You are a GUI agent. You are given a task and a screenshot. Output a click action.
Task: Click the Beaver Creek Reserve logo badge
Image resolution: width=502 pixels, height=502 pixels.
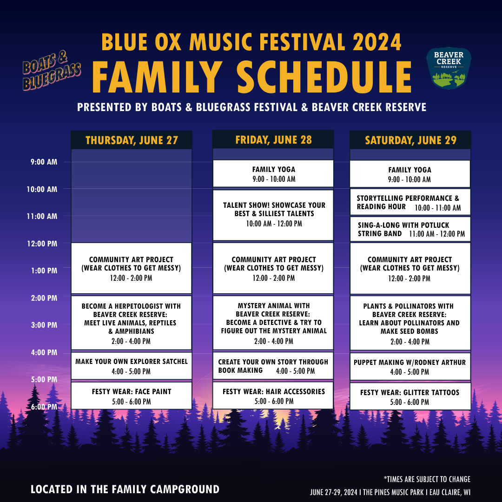click(x=449, y=68)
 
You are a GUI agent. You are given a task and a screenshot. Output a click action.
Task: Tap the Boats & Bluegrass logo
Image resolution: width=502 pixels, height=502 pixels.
click(x=52, y=71)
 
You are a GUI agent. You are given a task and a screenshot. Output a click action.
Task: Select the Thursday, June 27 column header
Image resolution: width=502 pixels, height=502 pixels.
click(x=132, y=140)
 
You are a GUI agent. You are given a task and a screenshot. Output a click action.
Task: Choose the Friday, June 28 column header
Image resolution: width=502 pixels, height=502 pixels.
click(x=273, y=139)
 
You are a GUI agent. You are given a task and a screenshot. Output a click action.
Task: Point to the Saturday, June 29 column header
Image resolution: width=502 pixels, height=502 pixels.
click(x=410, y=140)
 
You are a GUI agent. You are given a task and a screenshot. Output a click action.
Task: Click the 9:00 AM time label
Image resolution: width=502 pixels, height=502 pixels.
click(x=44, y=162)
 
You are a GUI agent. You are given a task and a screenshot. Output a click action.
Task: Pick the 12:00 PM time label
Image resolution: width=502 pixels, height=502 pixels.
click(x=42, y=244)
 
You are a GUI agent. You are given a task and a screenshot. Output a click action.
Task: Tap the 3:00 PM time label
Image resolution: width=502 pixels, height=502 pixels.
click(x=44, y=325)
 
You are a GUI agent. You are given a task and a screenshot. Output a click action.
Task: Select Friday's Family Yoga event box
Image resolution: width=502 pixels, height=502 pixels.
click(x=273, y=173)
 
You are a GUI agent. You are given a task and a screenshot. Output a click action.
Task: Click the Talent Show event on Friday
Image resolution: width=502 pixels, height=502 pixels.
click(x=273, y=215)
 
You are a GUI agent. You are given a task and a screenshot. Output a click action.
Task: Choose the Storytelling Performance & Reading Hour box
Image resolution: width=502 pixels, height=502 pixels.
click(x=410, y=202)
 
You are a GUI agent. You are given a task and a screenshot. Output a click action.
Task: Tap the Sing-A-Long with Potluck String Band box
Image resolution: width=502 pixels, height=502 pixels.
click(x=410, y=229)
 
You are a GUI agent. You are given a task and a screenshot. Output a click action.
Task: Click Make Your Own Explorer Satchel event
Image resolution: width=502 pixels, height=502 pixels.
click(x=132, y=366)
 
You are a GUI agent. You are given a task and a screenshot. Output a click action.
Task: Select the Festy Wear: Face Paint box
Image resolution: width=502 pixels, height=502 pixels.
click(x=132, y=396)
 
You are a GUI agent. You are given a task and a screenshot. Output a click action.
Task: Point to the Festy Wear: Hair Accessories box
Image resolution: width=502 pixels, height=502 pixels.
click(x=273, y=396)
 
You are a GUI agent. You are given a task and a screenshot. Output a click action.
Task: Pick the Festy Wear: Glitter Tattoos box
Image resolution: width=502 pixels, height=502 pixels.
click(x=410, y=396)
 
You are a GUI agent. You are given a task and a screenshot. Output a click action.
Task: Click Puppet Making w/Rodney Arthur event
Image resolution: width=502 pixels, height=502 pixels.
click(x=410, y=367)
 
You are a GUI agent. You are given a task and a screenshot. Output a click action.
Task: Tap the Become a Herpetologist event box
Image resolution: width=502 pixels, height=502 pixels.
click(x=132, y=323)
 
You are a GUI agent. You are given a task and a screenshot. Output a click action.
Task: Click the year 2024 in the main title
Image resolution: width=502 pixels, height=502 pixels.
click(x=377, y=42)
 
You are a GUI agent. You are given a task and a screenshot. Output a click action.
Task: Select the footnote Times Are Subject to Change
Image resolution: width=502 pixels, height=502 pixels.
click(x=427, y=479)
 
